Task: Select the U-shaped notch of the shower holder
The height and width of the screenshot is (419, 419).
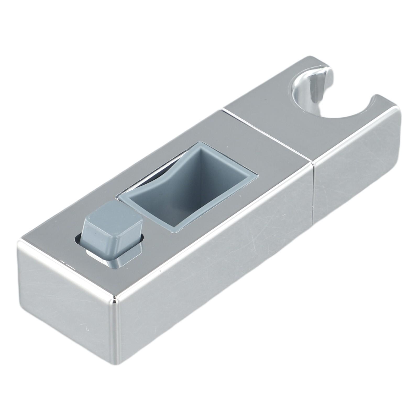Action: [338, 110]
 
